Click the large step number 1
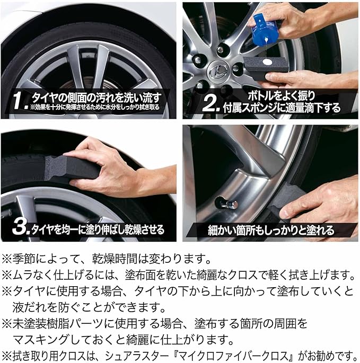point(18,101)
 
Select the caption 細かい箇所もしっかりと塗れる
point(271,231)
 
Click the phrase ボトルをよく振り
point(281,95)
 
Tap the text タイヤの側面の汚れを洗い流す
point(95,98)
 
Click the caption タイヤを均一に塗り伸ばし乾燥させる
point(98,229)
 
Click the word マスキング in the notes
point(40,340)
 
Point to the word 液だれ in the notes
point(29,307)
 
